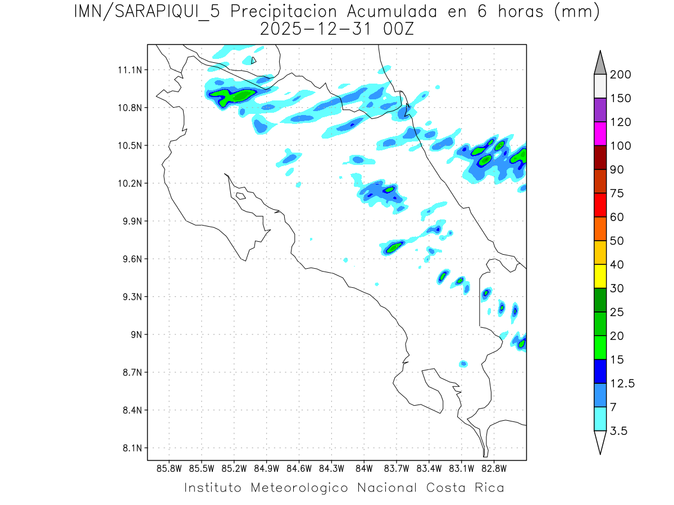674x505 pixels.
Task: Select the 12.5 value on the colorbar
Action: click(622, 383)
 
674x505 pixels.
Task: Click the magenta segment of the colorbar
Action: click(600, 134)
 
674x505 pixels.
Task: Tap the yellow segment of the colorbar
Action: click(600, 276)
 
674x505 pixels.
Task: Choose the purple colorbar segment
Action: click(600, 110)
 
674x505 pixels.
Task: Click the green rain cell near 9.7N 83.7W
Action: click(395, 246)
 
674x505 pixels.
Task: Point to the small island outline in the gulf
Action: click(240, 196)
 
